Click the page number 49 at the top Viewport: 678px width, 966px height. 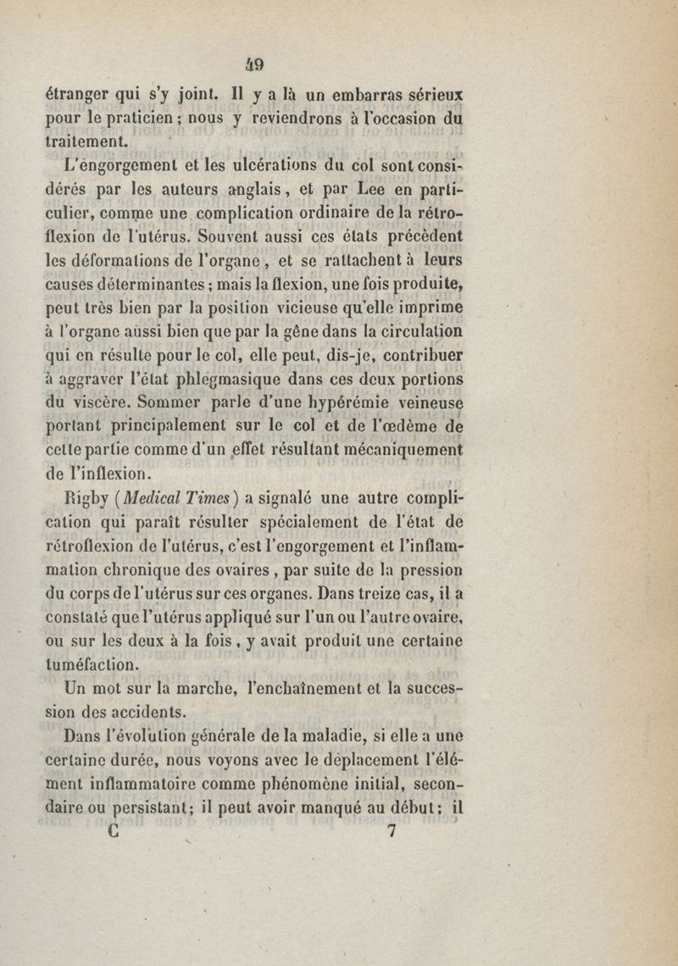point(347,63)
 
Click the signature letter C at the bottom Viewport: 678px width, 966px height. point(114,831)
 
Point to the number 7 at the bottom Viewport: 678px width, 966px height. point(391,831)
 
